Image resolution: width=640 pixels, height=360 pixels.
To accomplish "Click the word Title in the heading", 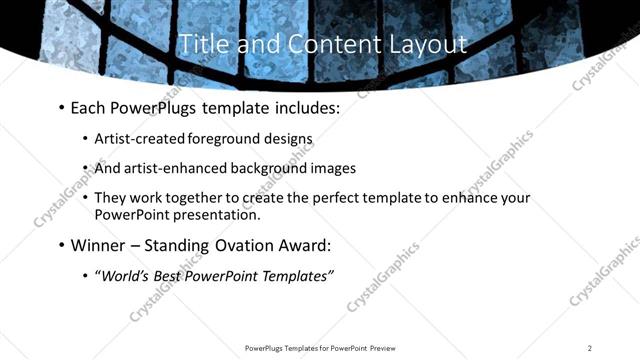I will point(199,44).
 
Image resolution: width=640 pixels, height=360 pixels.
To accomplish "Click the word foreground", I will point(219,138).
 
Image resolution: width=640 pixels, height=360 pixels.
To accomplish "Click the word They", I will point(111,198).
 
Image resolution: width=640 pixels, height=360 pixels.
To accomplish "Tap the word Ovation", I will point(250,245).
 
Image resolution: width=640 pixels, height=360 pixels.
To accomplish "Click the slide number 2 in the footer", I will point(590,348).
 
